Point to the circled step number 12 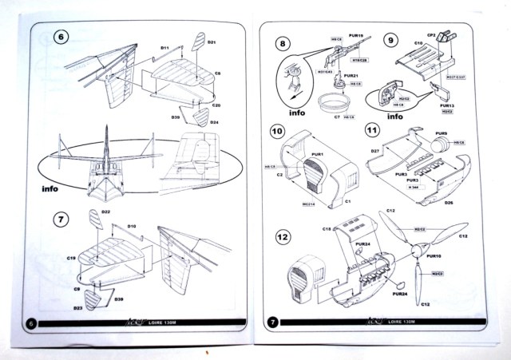(283, 236)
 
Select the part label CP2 (451, 36)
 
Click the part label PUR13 (447, 105)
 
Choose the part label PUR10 (434, 256)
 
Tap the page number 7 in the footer (273, 322)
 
